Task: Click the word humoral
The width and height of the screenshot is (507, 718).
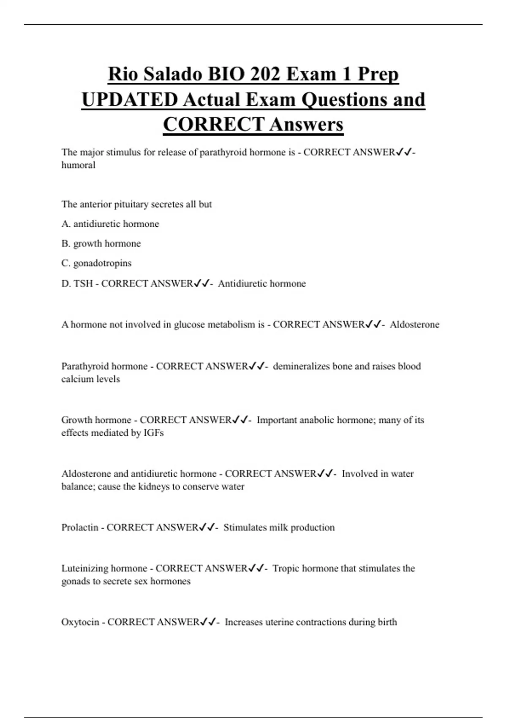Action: [78, 165]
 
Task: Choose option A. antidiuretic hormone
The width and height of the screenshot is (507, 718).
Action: [110, 224]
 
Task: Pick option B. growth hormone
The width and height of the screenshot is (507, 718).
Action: [101, 244]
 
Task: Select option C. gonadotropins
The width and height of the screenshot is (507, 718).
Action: [96, 263]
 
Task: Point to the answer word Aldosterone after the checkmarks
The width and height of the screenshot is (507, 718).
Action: [414, 324]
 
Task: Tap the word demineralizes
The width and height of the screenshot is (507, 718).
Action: [300, 366]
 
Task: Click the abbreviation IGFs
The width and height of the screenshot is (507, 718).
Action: [153, 433]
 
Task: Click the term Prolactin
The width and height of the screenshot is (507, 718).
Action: [79, 528]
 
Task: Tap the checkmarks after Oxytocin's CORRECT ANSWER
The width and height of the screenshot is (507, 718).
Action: [208, 622]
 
